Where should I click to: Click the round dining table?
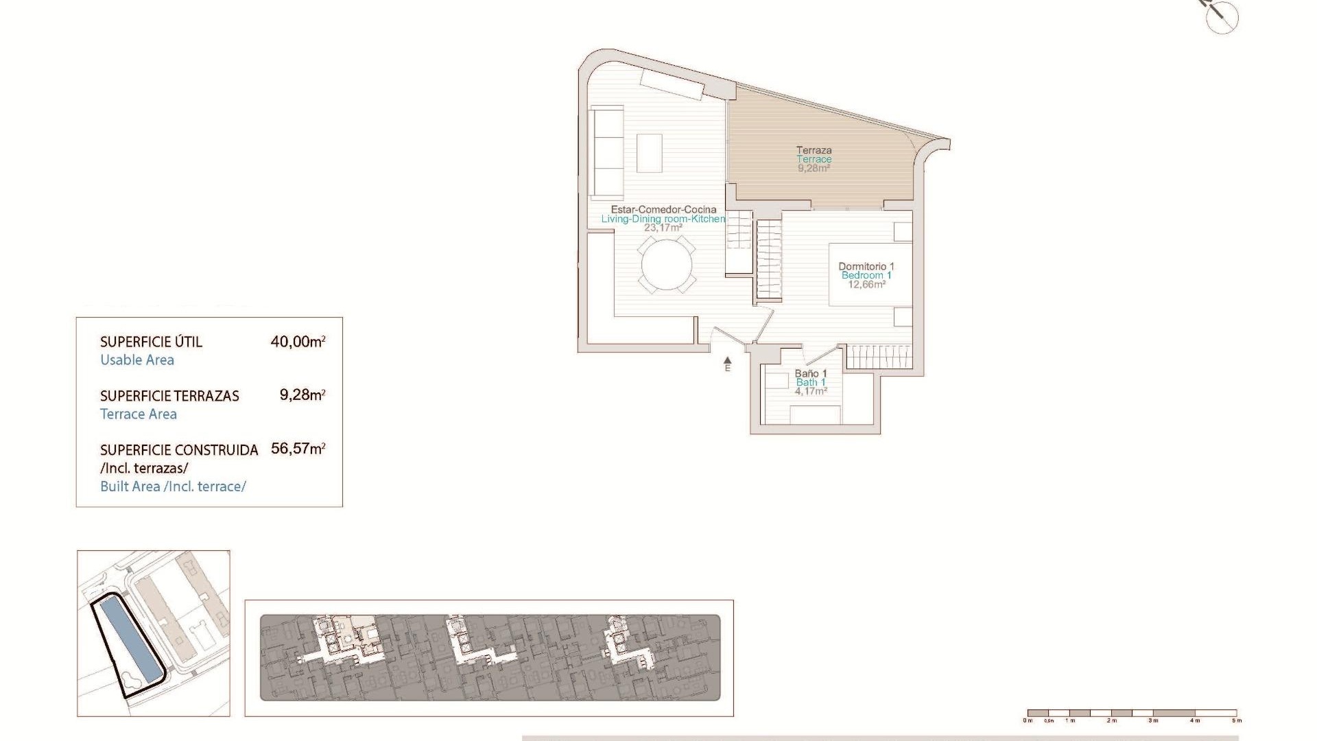pyautogui.click(x=667, y=264)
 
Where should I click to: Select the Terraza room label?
pyautogui.click(x=814, y=150)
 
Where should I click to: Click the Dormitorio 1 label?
pyautogui.click(x=866, y=266)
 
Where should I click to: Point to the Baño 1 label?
pyautogui.click(x=810, y=374)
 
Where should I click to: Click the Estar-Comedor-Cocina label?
pyautogui.click(x=663, y=210)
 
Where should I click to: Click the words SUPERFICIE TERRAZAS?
pyautogui.click(x=169, y=396)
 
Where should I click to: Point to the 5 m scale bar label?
pyautogui.click(x=1236, y=720)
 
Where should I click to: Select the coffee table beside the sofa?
pyautogui.click(x=649, y=153)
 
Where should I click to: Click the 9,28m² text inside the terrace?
pyautogui.click(x=814, y=167)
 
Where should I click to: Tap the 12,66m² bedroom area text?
pyautogui.click(x=866, y=284)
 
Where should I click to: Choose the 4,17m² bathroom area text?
pyautogui.click(x=810, y=391)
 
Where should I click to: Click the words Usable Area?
pyautogui.click(x=137, y=360)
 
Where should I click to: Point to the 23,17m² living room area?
pyautogui.click(x=663, y=228)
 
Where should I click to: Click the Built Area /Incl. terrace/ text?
pyautogui.click(x=173, y=486)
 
